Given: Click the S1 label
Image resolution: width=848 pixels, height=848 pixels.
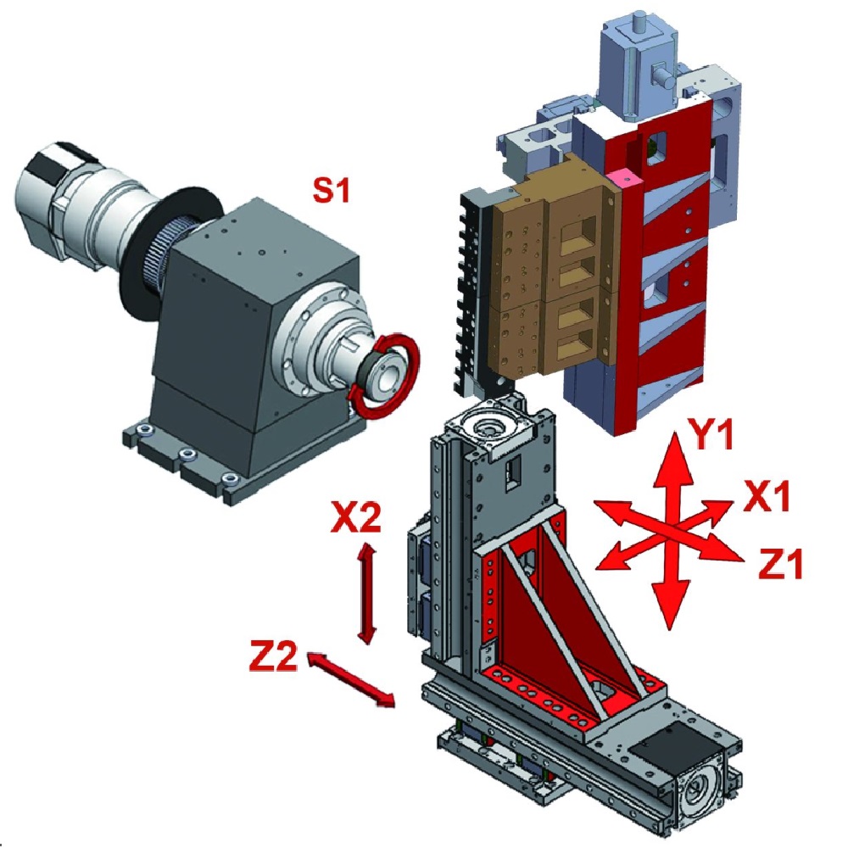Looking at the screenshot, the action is (x=332, y=190).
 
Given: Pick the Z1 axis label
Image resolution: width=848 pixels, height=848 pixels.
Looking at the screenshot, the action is (x=779, y=563).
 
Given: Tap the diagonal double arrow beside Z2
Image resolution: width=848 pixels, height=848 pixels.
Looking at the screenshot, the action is (x=351, y=679).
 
